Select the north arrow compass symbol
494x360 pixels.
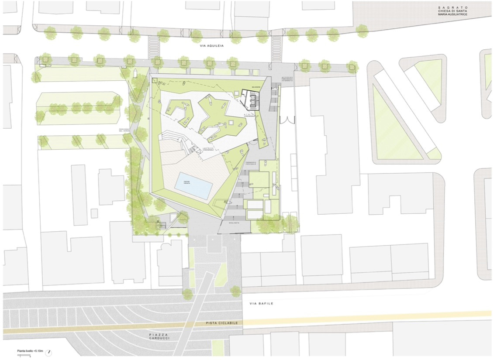[x=48, y=352]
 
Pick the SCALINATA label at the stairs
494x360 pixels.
[x=234, y=223]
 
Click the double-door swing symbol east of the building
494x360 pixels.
[x=290, y=119]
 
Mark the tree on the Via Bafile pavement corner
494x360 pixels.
[x=235, y=290]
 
